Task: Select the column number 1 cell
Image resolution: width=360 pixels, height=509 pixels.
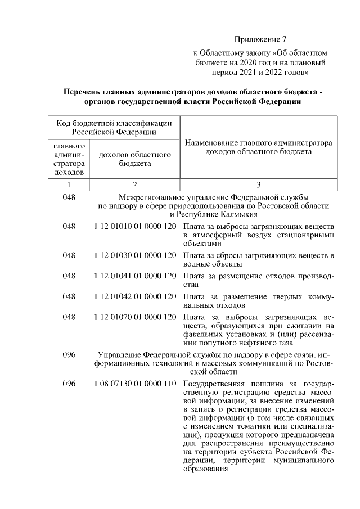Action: [68, 184]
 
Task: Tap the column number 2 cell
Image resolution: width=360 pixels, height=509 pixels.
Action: [134, 184]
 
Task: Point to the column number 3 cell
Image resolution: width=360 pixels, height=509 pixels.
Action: [258, 184]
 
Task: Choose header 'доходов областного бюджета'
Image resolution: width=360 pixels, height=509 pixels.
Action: [134, 159]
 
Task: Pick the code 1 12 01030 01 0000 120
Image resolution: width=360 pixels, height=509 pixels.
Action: [134, 255]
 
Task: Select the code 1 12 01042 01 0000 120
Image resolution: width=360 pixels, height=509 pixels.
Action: [134, 296]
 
